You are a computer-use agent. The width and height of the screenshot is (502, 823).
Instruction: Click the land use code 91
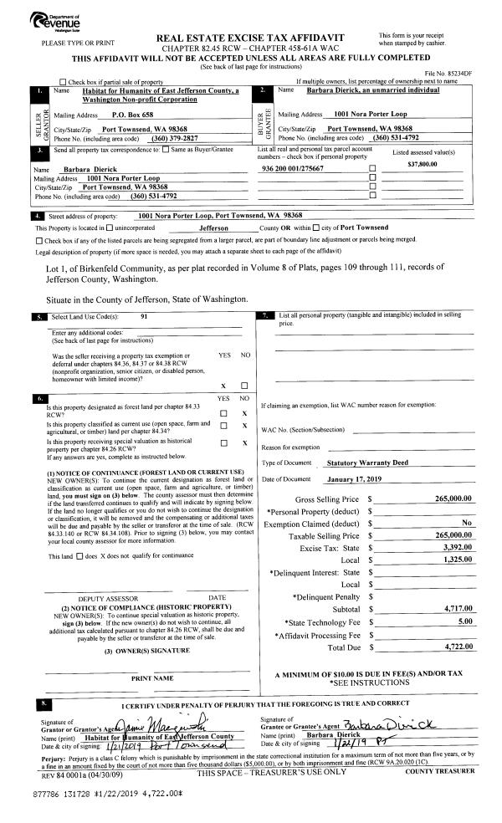[144, 316]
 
